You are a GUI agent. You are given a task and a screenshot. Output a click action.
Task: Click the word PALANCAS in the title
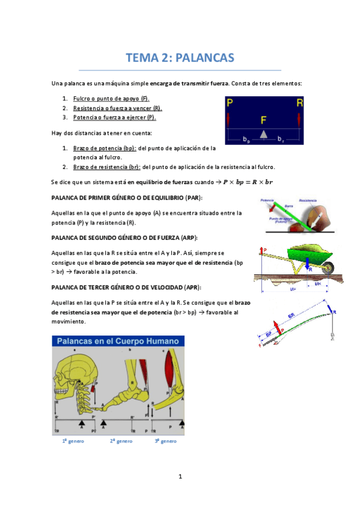click(204, 58)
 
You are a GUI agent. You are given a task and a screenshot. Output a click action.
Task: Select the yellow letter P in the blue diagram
click(230, 103)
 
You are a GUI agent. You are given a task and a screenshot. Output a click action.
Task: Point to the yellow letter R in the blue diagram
click(299, 103)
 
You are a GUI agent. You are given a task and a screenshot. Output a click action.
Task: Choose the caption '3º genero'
click(165, 441)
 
